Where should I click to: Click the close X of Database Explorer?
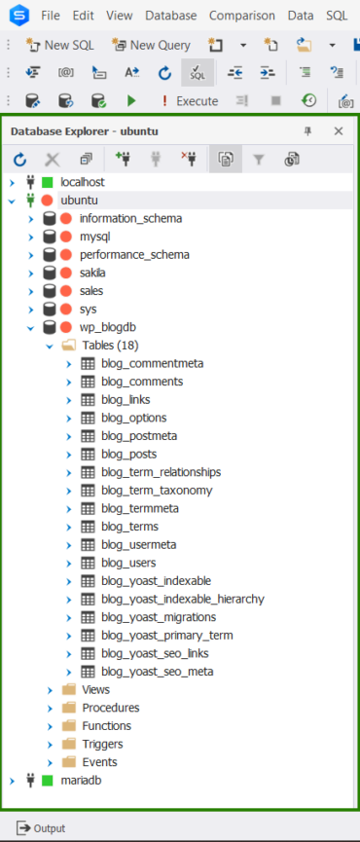point(339,131)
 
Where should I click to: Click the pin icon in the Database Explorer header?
point(308,131)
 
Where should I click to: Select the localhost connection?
point(82,182)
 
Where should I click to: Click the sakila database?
point(92,273)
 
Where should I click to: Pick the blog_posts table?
point(128,454)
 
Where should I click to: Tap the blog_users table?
point(128,563)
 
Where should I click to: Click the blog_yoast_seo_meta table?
point(158,672)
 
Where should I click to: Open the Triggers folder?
point(102,744)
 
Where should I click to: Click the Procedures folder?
point(110,708)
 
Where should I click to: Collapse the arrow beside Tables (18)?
point(49,346)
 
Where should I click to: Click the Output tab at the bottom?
point(41,828)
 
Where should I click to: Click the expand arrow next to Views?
point(50,690)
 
